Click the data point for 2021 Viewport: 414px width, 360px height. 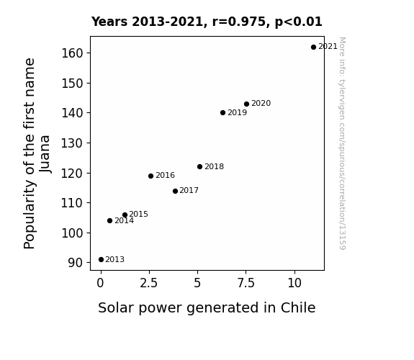(313, 48)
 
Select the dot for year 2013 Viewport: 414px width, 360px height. (101, 260)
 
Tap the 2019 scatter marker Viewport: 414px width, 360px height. (222, 113)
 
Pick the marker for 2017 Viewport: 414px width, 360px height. (175, 191)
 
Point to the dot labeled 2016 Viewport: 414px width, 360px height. (150, 176)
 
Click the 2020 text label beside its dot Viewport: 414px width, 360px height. (261, 103)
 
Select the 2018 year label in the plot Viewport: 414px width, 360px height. (214, 166)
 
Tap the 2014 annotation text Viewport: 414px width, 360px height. (124, 220)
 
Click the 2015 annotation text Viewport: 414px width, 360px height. (138, 214)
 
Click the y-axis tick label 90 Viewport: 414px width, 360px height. (76, 263)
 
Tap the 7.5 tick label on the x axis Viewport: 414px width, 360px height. (246, 284)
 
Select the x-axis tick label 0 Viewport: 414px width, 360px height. (100, 284)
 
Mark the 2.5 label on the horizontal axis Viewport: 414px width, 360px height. (148, 284)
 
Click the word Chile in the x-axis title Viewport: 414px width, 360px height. (298, 307)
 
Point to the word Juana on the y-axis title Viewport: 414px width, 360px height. (45, 154)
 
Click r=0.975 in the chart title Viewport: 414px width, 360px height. (239, 22)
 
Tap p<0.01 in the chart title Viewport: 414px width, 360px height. (298, 22)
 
